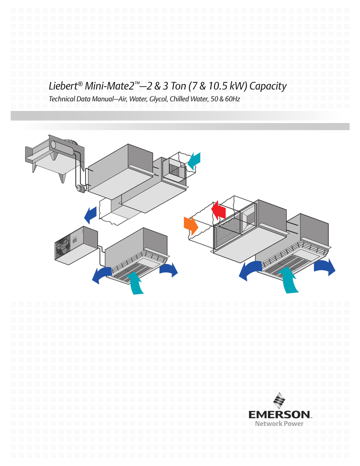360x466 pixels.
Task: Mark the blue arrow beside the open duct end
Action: pos(91,214)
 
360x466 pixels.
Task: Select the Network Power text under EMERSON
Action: pos(279,424)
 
